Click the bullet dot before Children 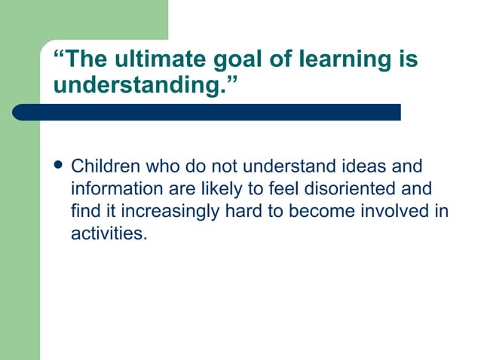pyautogui.click(x=59, y=165)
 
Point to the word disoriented pyautogui.click(x=347, y=188)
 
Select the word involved pyautogui.click(x=396, y=211)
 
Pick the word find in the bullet pyautogui.click(x=84, y=211)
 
